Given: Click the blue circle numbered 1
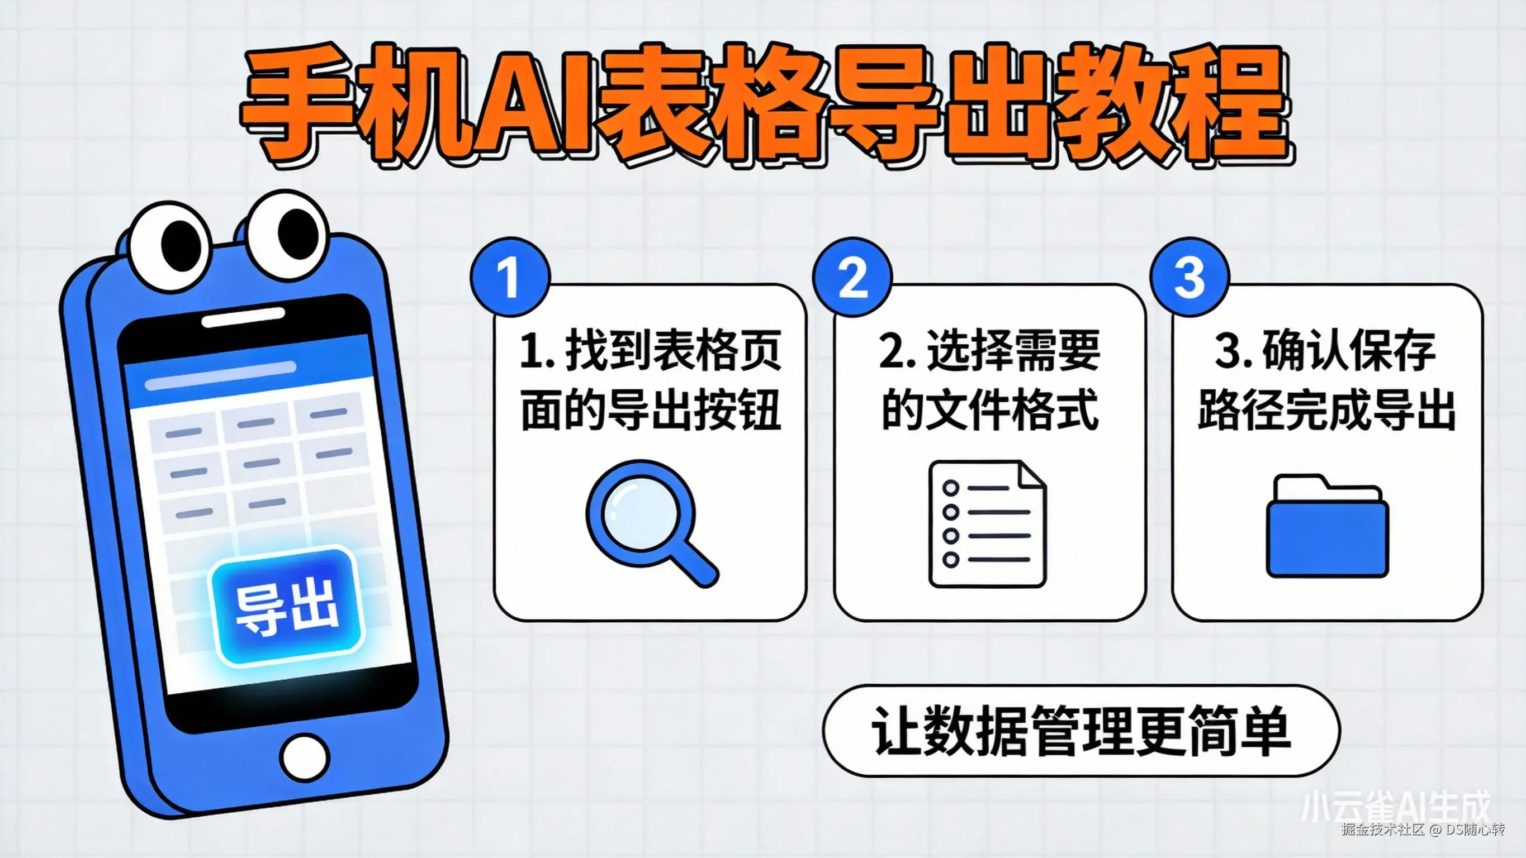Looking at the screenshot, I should [x=509, y=277].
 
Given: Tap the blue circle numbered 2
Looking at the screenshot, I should [x=852, y=277].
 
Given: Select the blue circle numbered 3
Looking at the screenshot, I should [x=1189, y=277].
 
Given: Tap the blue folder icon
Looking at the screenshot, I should [x=1327, y=527].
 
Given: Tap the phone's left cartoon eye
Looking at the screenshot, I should [x=170, y=247].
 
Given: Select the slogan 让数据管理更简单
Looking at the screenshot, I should [x=1081, y=731].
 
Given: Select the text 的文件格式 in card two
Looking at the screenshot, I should [x=989, y=410].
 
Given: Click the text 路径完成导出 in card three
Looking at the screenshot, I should [x=1327, y=410].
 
